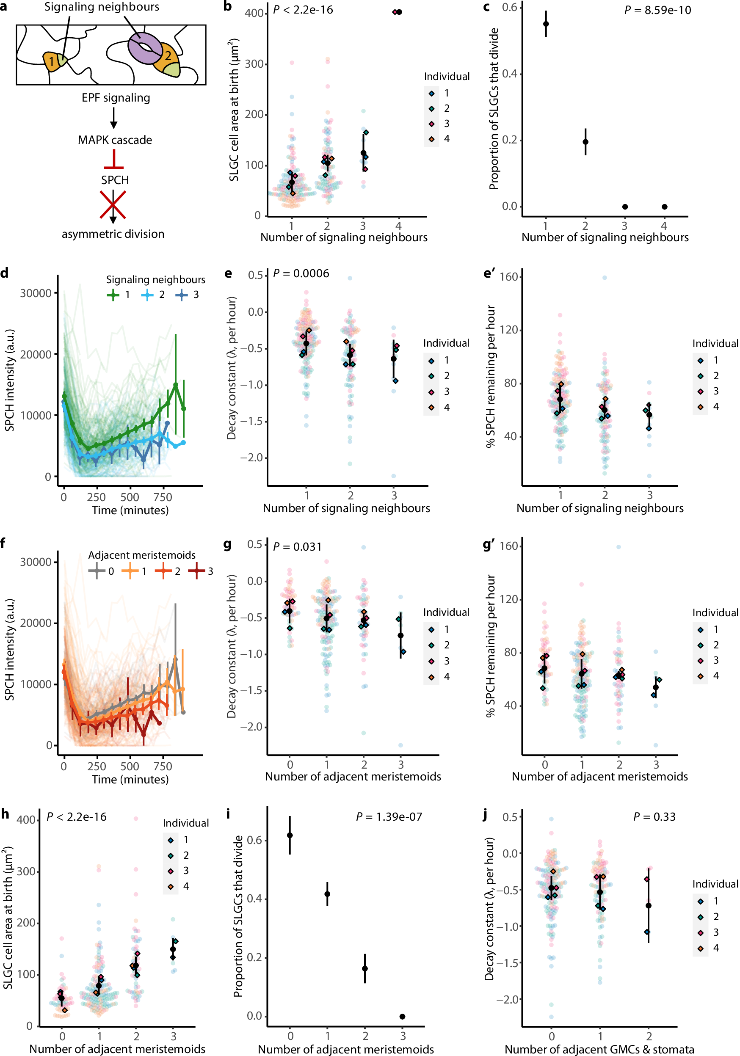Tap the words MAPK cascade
click(115, 140)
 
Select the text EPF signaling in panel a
click(116, 98)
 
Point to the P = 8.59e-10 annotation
click(658, 10)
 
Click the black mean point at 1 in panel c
click(546, 23)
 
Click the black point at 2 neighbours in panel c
click(585, 142)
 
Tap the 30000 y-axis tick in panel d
click(36, 293)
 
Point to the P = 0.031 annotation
click(297, 546)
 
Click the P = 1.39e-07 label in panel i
click(389, 817)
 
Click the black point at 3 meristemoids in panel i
click(403, 1017)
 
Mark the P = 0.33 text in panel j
click(654, 817)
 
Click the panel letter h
click(5, 814)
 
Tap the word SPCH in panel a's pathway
click(115, 180)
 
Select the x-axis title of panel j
click(599, 1049)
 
